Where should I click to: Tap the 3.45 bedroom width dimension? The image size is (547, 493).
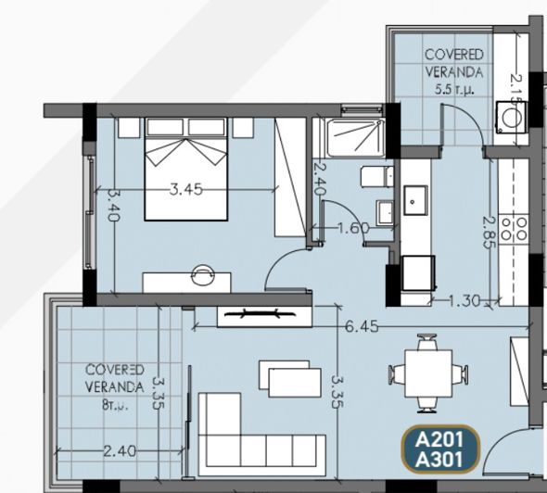pos(186,189)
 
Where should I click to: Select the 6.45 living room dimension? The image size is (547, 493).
pos(361,326)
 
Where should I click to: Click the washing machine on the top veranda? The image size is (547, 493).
pos(509,117)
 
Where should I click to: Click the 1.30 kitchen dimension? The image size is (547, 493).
pos(464,299)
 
